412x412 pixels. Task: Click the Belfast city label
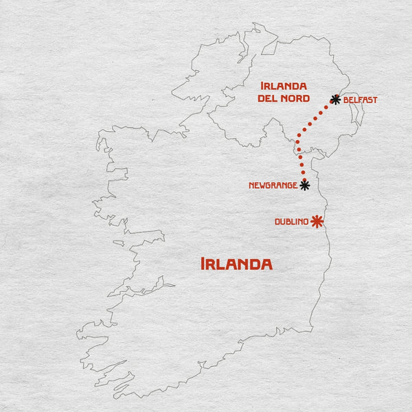[x=360, y=100]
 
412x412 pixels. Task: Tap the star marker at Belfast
[x=335, y=99]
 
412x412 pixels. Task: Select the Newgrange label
[x=273, y=185]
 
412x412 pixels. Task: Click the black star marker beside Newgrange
[x=305, y=185]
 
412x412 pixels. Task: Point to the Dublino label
[x=290, y=221]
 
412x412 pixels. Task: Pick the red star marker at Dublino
[x=317, y=221]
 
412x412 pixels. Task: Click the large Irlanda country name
[x=236, y=264]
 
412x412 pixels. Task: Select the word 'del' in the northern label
[x=267, y=99]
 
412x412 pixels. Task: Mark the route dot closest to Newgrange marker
[x=304, y=174]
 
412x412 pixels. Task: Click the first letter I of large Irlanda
[x=203, y=264]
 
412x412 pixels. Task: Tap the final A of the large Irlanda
[x=266, y=264]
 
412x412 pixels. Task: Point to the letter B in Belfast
[x=346, y=100]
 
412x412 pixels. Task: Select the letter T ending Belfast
[x=375, y=100]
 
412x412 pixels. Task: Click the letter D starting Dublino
[x=277, y=221]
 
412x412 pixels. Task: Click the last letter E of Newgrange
[x=295, y=185]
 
